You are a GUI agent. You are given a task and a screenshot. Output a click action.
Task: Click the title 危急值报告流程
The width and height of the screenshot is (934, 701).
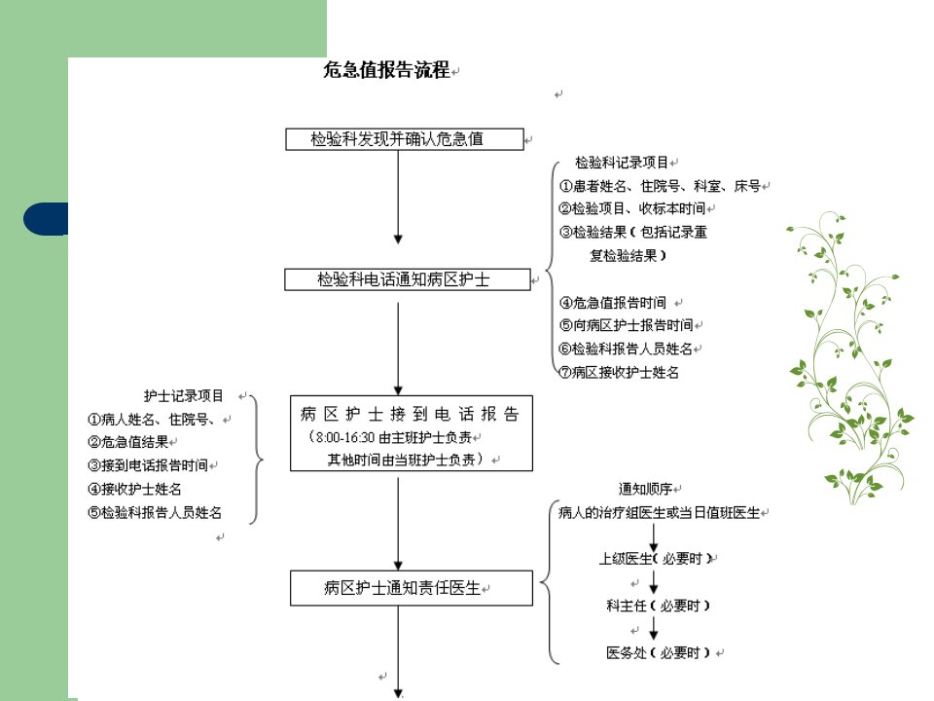(x=386, y=70)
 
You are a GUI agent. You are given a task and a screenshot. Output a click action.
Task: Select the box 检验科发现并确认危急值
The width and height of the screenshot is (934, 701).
(x=405, y=139)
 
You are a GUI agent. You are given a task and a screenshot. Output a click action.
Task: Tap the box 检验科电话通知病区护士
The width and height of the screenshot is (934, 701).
(x=408, y=279)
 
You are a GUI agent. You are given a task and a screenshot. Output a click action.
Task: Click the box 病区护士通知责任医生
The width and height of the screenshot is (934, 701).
(x=412, y=588)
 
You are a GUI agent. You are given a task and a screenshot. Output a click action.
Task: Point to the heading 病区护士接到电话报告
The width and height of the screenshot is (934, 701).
(x=410, y=414)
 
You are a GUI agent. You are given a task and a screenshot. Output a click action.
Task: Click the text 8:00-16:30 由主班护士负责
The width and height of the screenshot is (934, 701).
(x=393, y=437)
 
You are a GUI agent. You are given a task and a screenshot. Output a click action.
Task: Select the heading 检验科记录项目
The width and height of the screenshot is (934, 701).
(x=622, y=163)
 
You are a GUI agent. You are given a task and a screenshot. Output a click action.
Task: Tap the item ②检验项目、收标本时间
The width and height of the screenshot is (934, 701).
(x=632, y=208)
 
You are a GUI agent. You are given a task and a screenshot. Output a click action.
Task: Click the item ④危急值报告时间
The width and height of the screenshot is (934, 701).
(x=612, y=303)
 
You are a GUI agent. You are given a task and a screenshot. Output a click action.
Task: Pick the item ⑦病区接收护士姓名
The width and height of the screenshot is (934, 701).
(x=619, y=373)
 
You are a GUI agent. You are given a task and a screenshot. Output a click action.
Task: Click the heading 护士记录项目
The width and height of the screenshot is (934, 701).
(x=184, y=396)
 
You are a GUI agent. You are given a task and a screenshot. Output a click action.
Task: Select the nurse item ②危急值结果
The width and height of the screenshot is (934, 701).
(x=128, y=442)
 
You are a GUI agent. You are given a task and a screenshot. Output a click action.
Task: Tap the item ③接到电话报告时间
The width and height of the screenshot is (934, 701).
(x=148, y=465)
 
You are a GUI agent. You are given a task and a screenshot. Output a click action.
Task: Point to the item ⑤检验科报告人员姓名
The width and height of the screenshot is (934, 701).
(x=155, y=512)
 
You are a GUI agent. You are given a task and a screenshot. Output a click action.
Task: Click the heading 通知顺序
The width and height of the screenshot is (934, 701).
(x=646, y=489)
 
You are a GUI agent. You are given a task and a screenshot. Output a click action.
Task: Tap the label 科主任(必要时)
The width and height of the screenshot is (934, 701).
(x=659, y=606)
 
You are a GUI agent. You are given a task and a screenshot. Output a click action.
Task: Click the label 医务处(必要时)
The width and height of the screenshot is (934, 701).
(x=659, y=652)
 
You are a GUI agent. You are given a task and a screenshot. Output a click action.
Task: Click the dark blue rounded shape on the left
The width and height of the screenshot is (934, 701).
(x=46, y=219)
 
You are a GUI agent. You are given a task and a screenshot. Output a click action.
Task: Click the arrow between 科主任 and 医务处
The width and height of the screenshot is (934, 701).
(x=654, y=628)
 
